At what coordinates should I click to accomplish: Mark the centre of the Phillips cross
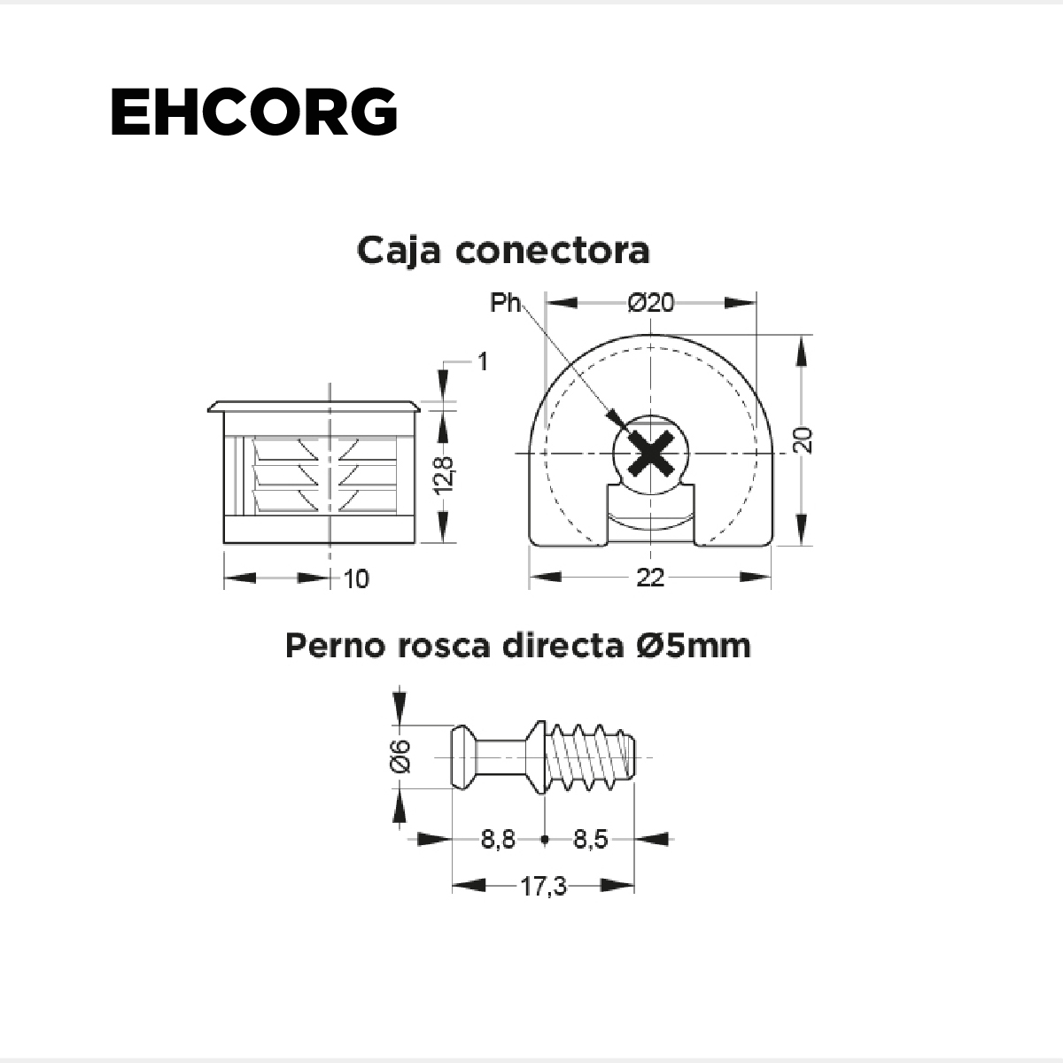(x=651, y=454)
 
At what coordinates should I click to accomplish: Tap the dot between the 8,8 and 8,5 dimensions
(x=545, y=840)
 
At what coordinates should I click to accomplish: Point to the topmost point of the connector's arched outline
(x=651, y=334)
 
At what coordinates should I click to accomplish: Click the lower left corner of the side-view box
(x=224, y=543)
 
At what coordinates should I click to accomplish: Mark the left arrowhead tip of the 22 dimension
(x=530, y=577)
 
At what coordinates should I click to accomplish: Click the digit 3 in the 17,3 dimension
(x=558, y=887)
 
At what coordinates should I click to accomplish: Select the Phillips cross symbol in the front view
(x=651, y=454)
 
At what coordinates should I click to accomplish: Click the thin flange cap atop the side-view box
(x=314, y=407)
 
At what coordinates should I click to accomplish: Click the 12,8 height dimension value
(x=445, y=475)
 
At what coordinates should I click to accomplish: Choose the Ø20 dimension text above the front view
(x=651, y=303)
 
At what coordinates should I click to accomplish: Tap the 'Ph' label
(x=505, y=302)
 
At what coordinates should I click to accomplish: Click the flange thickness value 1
(x=483, y=362)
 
